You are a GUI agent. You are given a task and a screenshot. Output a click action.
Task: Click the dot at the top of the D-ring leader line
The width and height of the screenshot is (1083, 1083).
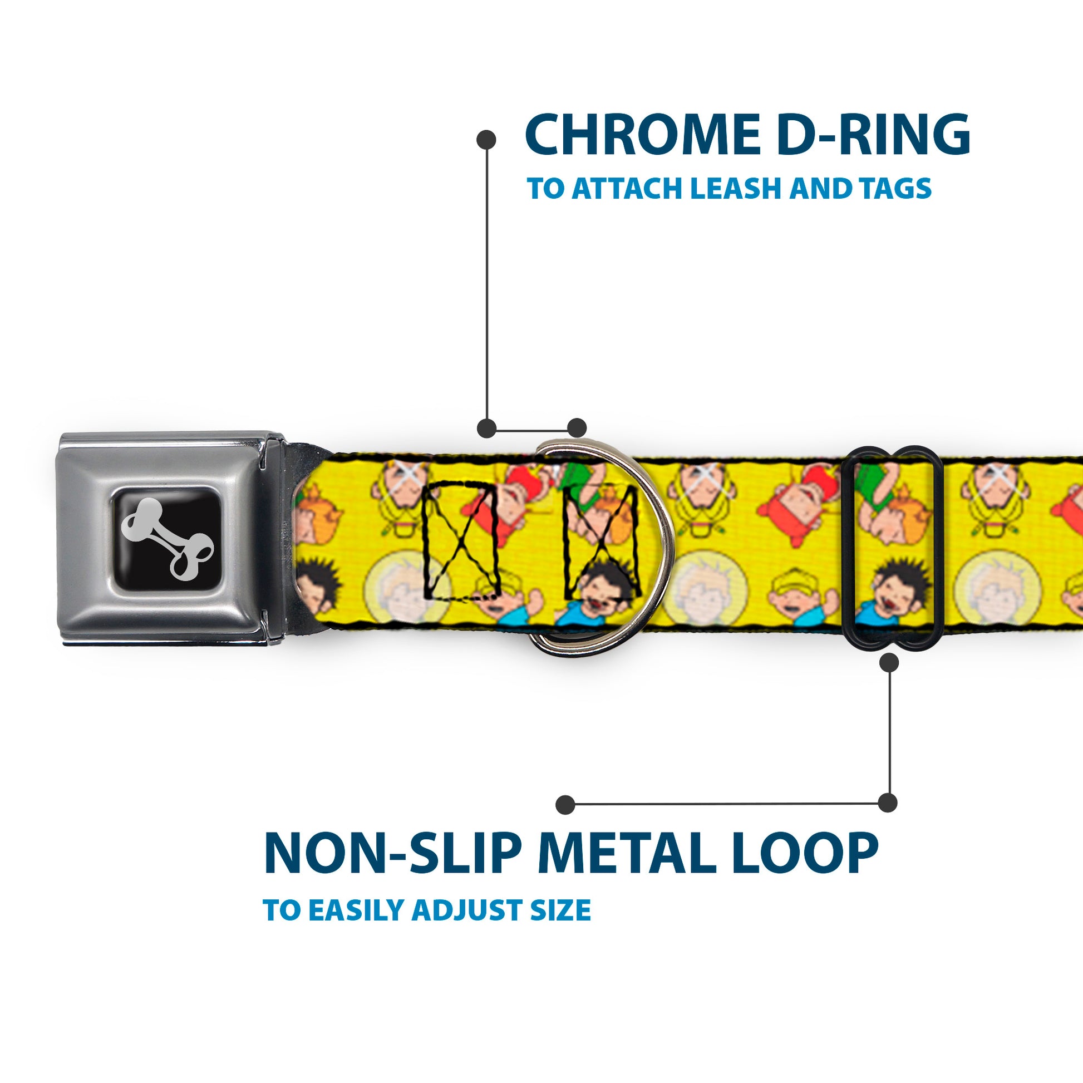click(x=486, y=140)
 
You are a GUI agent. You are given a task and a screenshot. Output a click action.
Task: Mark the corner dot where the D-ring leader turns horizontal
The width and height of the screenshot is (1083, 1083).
click(x=486, y=428)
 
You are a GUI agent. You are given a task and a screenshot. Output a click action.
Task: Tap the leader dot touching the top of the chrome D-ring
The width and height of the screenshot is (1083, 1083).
click(x=576, y=428)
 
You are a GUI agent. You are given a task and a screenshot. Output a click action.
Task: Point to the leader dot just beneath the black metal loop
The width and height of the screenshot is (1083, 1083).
click(x=889, y=663)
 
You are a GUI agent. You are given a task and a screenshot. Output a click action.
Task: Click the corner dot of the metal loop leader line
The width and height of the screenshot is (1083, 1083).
click(x=887, y=803)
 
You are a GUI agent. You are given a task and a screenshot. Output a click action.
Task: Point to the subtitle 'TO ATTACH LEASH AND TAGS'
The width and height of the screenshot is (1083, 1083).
click(x=728, y=188)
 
